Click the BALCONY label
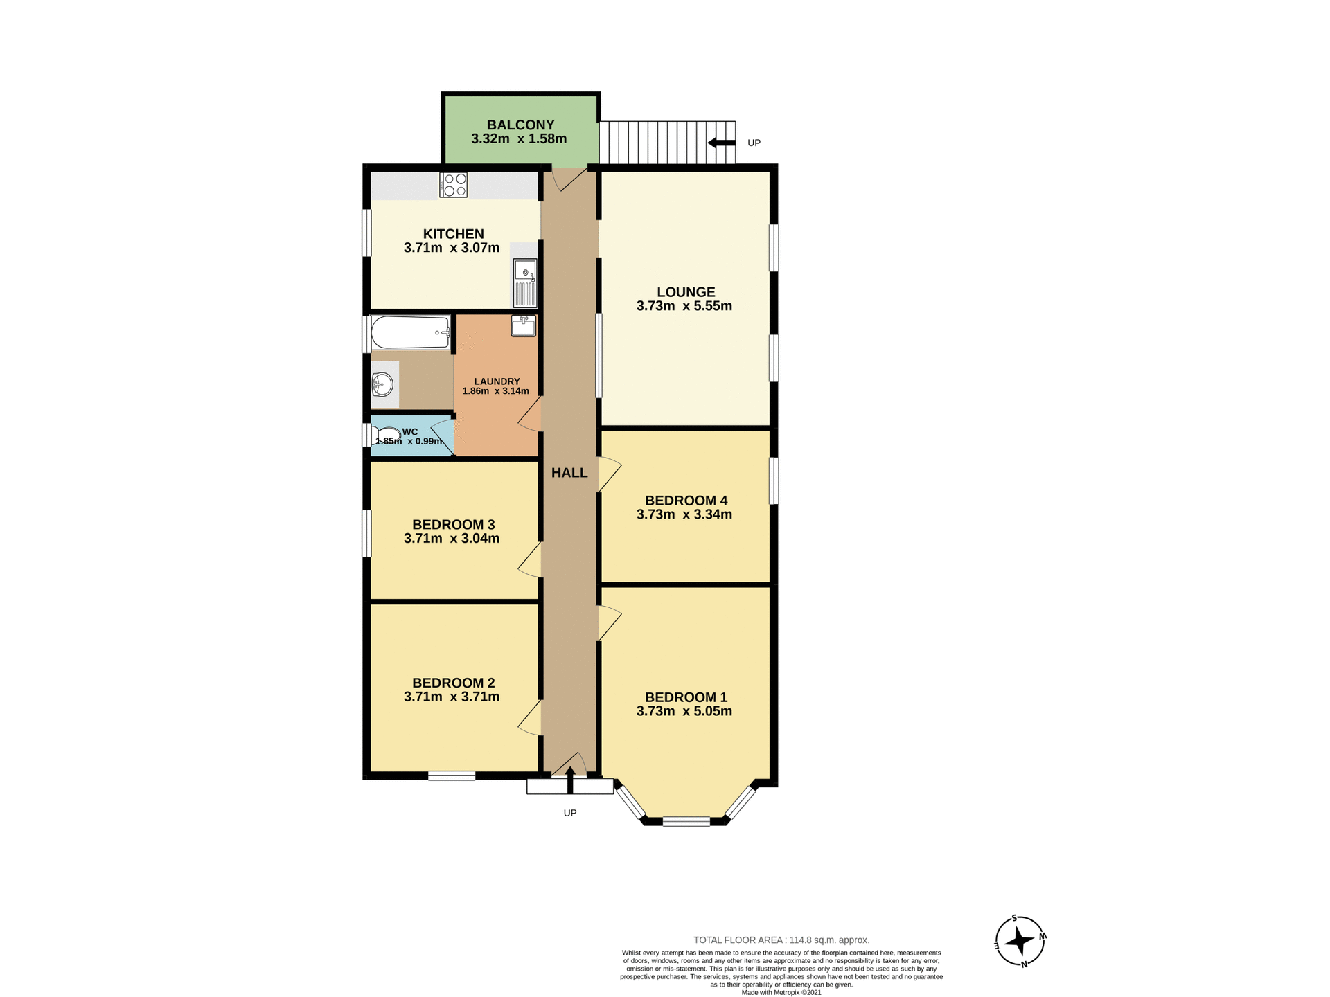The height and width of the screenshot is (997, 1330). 520,125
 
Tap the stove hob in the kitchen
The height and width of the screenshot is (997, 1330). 454,185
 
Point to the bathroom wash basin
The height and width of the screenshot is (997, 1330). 382,384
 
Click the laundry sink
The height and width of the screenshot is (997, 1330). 523,325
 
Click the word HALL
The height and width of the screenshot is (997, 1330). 569,473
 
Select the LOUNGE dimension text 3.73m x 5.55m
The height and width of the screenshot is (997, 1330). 684,306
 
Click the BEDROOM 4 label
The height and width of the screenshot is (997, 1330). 686,501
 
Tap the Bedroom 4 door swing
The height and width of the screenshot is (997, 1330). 608,474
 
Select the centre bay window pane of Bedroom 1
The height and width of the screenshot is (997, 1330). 686,822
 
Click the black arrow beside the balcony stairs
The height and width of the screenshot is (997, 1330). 721,143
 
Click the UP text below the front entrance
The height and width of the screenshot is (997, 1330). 569,813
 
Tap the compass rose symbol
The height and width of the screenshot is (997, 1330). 1019,941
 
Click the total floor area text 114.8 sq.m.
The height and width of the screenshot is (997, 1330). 781,940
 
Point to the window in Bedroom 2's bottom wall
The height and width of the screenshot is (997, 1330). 452,775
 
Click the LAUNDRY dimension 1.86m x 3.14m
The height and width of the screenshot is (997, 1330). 495,391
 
